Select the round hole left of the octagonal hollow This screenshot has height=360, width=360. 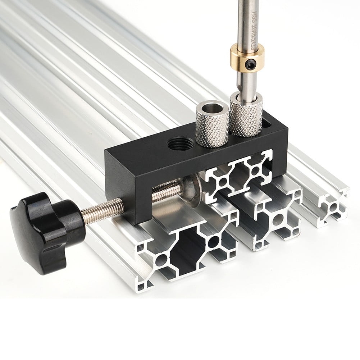tap(161, 258)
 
